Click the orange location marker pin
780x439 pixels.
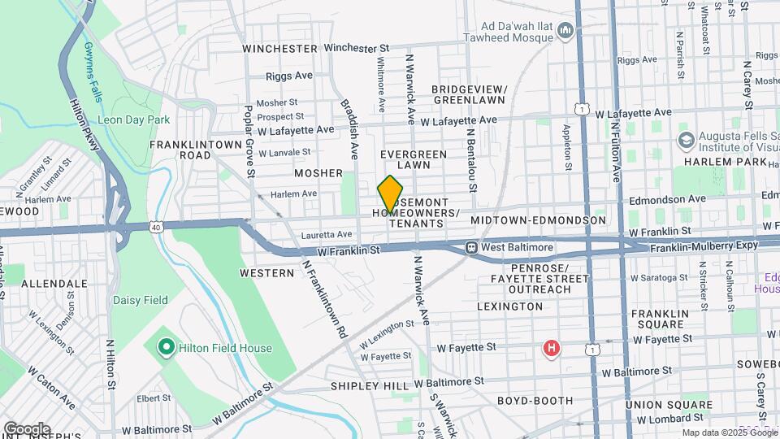click(x=391, y=193)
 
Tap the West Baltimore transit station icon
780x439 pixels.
click(x=470, y=247)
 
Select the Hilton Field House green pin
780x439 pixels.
click(x=167, y=349)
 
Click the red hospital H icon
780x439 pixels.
click(x=552, y=350)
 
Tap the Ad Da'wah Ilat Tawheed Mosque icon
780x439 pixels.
click(x=566, y=32)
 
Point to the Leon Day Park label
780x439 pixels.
click(x=134, y=120)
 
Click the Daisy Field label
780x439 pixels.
click(x=140, y=300)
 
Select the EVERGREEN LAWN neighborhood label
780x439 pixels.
click(x=414, y=159)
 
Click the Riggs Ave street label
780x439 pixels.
click(x=289, y=76)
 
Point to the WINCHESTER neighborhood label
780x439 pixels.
click(x=280, y=49)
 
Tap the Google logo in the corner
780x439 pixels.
click(x=27, y=428)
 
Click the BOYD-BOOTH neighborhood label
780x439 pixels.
click(x=533, y=401)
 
